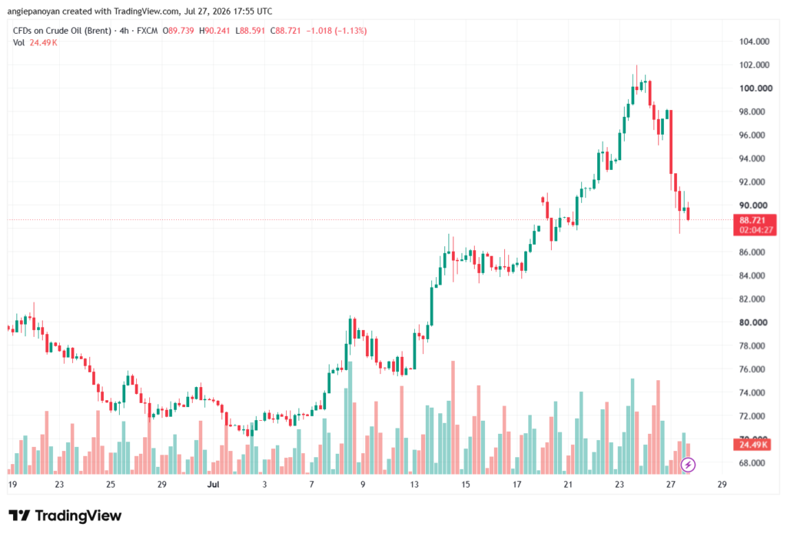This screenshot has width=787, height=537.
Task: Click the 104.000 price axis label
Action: (x=754, y=42)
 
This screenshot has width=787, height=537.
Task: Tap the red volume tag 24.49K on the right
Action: (x=753, y=445)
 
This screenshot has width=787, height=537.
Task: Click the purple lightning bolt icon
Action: (x=688, y=465)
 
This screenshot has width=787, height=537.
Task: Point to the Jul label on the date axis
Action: (x=214, y=485)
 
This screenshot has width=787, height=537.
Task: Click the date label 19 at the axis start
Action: (x=12, y=485)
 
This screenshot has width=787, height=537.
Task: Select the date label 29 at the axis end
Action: (x=722, y=485)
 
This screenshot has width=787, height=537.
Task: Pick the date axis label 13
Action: (x=414, y=485)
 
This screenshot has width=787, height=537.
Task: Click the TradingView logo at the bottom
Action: (x=65, y=516)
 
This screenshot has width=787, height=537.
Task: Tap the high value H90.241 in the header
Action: (x=214, y=31)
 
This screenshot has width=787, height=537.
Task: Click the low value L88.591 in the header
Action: (x=250, y=31)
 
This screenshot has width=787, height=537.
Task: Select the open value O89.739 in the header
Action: (x=178, y=31)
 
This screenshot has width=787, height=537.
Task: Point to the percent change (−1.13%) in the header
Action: (x=350, y=31)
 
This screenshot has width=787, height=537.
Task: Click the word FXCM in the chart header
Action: (x=147, y=31)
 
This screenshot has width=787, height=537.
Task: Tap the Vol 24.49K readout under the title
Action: (x=35, y=43)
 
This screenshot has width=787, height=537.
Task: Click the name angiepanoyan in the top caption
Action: (x=34, y=11)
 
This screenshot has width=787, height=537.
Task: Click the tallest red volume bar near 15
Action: (x=453, y=418)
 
